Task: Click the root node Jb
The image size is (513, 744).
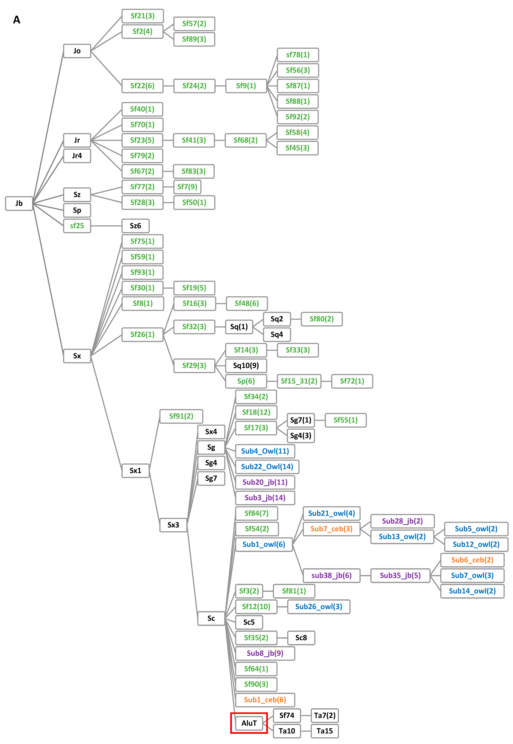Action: [x=19, y=203]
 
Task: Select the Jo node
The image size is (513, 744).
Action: [x=77, y=51]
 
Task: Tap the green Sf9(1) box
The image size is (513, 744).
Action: [x=246, y=86]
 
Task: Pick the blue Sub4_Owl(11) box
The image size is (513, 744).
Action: [x=265, y=451]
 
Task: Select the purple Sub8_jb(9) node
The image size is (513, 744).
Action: [x=265, y=653]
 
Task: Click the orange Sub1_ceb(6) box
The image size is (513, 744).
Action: [x=265, y=700]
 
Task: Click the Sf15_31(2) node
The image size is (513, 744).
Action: [x=299, y=381]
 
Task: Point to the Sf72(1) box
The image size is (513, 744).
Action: [x=352, y=381]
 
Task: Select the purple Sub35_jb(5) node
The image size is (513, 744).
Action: [x=400, y=575]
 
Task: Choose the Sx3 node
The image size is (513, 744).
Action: [x=173, y=525]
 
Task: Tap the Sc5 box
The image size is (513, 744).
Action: [x=249, y=622]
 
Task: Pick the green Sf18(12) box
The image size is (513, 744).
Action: [x=256, y=412]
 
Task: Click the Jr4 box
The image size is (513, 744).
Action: [x=77, y=156]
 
